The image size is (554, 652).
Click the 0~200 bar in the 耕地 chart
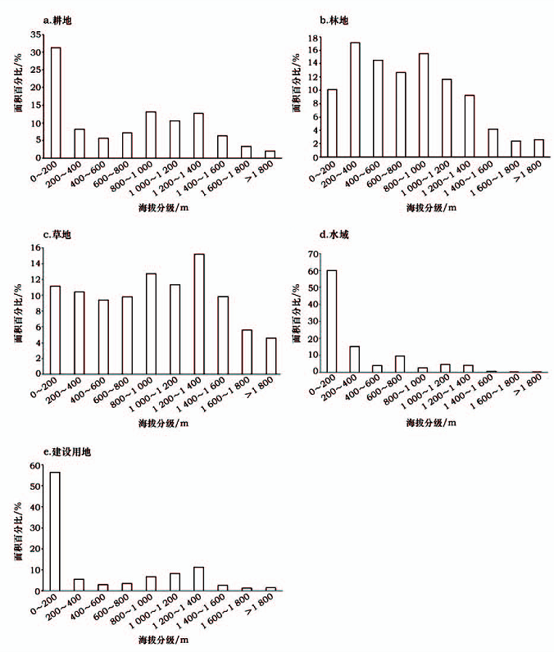(56, 102)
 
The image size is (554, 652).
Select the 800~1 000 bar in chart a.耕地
(151, 134)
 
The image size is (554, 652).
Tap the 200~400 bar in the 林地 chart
(355, 99)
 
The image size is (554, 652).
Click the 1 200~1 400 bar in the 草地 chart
(198, 314)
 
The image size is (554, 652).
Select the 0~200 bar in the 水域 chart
(332, 320)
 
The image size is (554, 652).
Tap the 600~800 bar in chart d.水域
(400, 363)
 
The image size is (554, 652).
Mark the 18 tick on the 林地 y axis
(312, 38)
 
